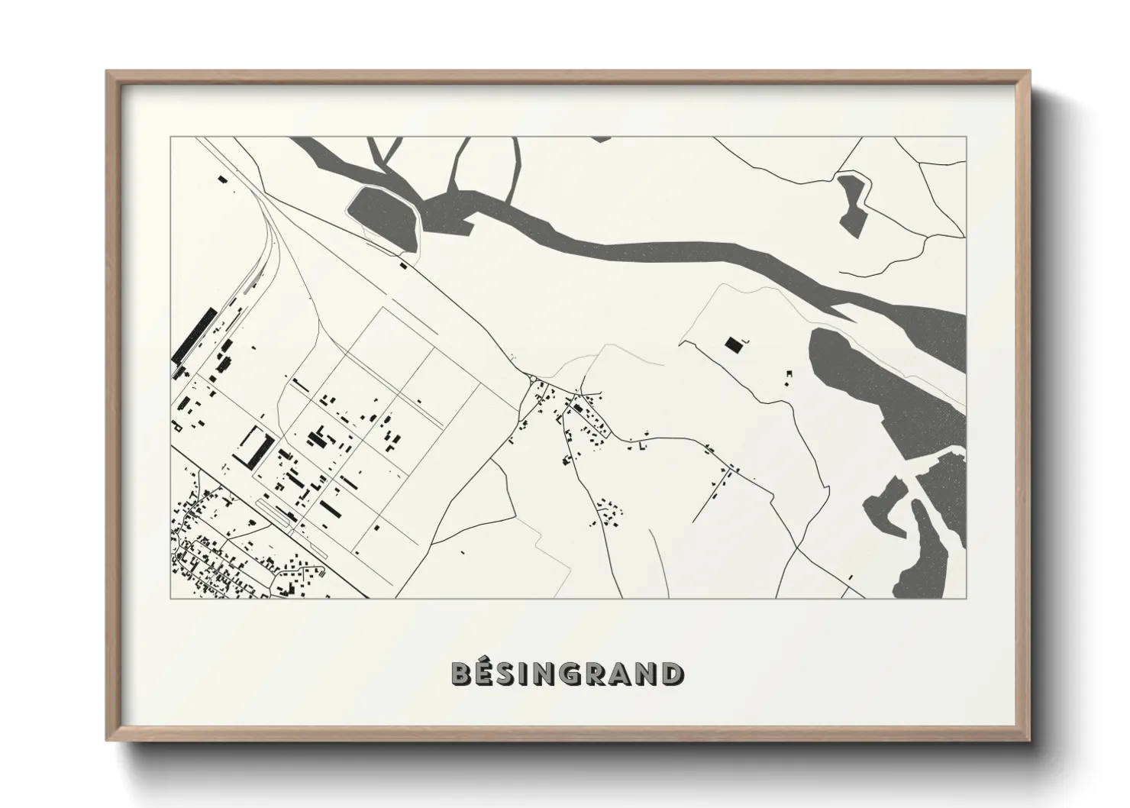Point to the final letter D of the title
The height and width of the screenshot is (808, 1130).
coord(673,674)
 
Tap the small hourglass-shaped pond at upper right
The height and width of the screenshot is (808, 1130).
coord(851,202)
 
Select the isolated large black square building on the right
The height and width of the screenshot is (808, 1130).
coord(733,345)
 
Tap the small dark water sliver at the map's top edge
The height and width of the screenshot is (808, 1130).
coord(601,139)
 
